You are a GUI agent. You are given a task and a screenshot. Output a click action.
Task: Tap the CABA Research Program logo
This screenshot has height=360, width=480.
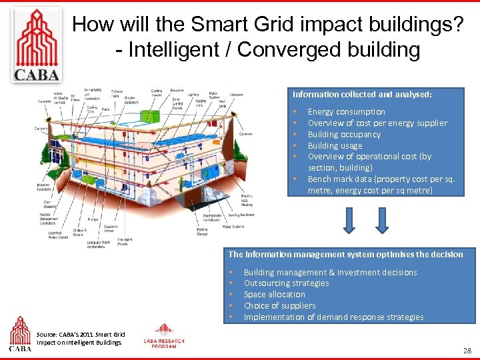tap(164, 336)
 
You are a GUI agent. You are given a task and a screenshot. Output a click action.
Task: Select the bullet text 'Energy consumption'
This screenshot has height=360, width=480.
tap(346, 112)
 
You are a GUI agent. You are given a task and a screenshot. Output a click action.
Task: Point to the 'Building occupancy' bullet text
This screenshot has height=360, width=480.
tap(344, 135)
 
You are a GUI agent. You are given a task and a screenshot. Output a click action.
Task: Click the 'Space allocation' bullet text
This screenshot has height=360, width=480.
tap(274, 295)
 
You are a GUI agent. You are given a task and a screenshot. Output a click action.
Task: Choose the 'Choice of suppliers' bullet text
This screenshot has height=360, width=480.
tap(279, 306)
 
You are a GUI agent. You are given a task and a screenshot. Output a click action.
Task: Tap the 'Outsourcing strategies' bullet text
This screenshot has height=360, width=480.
tap(286, 283)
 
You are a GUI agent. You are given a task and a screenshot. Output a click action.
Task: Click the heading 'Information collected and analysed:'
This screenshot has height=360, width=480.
tap(362, 95)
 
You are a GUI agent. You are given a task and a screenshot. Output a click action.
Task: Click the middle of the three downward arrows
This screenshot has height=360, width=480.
tap(383, 219)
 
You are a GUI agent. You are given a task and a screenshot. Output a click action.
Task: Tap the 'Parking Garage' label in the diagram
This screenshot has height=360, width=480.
tap(202, 231)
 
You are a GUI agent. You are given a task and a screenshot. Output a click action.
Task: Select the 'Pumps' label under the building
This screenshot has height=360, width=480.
tap(92, 218)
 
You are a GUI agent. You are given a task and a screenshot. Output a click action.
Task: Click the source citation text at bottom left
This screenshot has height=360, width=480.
tap(81, 338)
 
